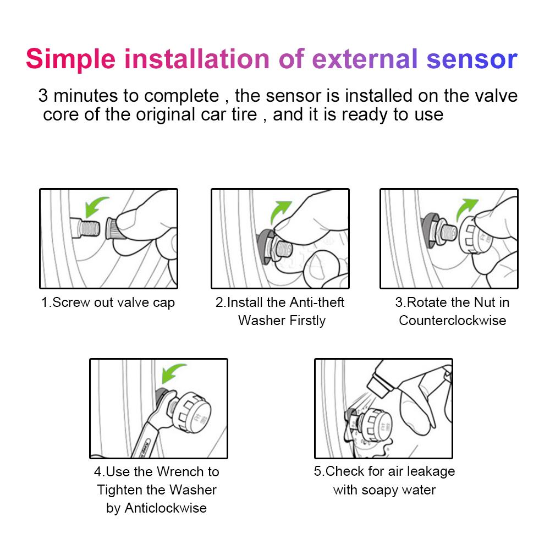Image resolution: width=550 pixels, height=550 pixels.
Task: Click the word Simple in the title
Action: [x=70, y=59]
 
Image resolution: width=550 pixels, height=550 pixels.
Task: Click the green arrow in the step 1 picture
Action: [x=96, y=208]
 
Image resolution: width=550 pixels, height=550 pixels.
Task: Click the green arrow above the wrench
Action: [x=171, y=375]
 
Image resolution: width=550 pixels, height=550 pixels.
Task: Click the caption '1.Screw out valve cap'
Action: [x=108, y=302]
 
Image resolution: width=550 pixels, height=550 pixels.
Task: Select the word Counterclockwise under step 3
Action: [x=452, y=321]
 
